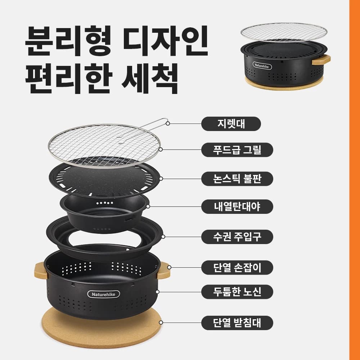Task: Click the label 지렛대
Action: point(231,124)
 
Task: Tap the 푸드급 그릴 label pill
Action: point(237,150)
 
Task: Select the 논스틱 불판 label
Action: point(237,179)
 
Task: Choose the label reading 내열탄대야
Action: point(237,207)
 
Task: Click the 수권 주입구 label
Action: point(237,237)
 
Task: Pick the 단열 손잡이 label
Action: point(237,267)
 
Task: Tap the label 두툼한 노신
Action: point(237,292)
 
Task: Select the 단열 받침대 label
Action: point(237,323)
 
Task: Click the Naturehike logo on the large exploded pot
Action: point(104,294)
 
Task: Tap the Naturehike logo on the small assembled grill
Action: point(262,66)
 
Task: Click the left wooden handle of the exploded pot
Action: point(41,271)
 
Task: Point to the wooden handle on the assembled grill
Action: point(321,60)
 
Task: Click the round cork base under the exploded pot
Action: point(101,330)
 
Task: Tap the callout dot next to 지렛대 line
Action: point(168,123)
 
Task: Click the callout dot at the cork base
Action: point(161,323)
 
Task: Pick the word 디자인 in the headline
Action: point(165,41)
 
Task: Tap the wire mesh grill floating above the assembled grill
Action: point(284,32)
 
